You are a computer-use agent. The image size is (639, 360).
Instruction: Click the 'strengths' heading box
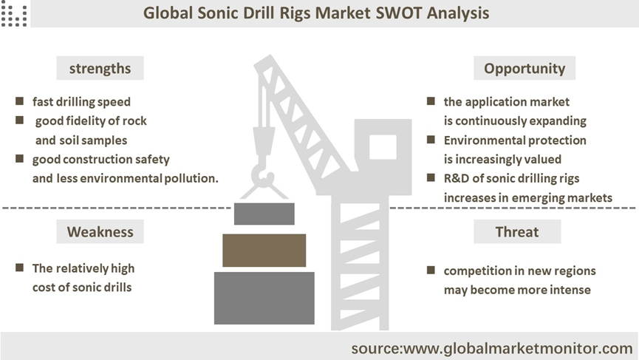[x=100, y=68]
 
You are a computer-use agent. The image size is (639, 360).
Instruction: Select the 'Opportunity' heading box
[x=524, y=68]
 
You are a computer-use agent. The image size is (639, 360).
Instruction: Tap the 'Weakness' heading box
[x=100, y=231]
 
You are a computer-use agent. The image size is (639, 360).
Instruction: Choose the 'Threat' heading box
[x=517, y=231]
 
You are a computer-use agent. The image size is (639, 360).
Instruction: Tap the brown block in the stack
[x=264, y=251]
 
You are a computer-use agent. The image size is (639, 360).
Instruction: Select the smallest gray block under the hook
[x=264, y=214]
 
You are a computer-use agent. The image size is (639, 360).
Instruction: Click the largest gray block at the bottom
[x=264, y=298]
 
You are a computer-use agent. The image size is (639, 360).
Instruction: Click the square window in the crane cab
[x=383, y=147]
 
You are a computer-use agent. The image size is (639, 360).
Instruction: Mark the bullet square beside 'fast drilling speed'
[x=19, y=101]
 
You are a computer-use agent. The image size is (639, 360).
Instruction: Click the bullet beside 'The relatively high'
[x=19, y=268]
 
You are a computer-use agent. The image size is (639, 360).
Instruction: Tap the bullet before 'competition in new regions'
[x=431, y=270]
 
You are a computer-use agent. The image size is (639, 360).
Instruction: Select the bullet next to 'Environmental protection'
[x=431, y=140]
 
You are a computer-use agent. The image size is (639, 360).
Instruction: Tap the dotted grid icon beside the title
[x=14, y=16]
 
